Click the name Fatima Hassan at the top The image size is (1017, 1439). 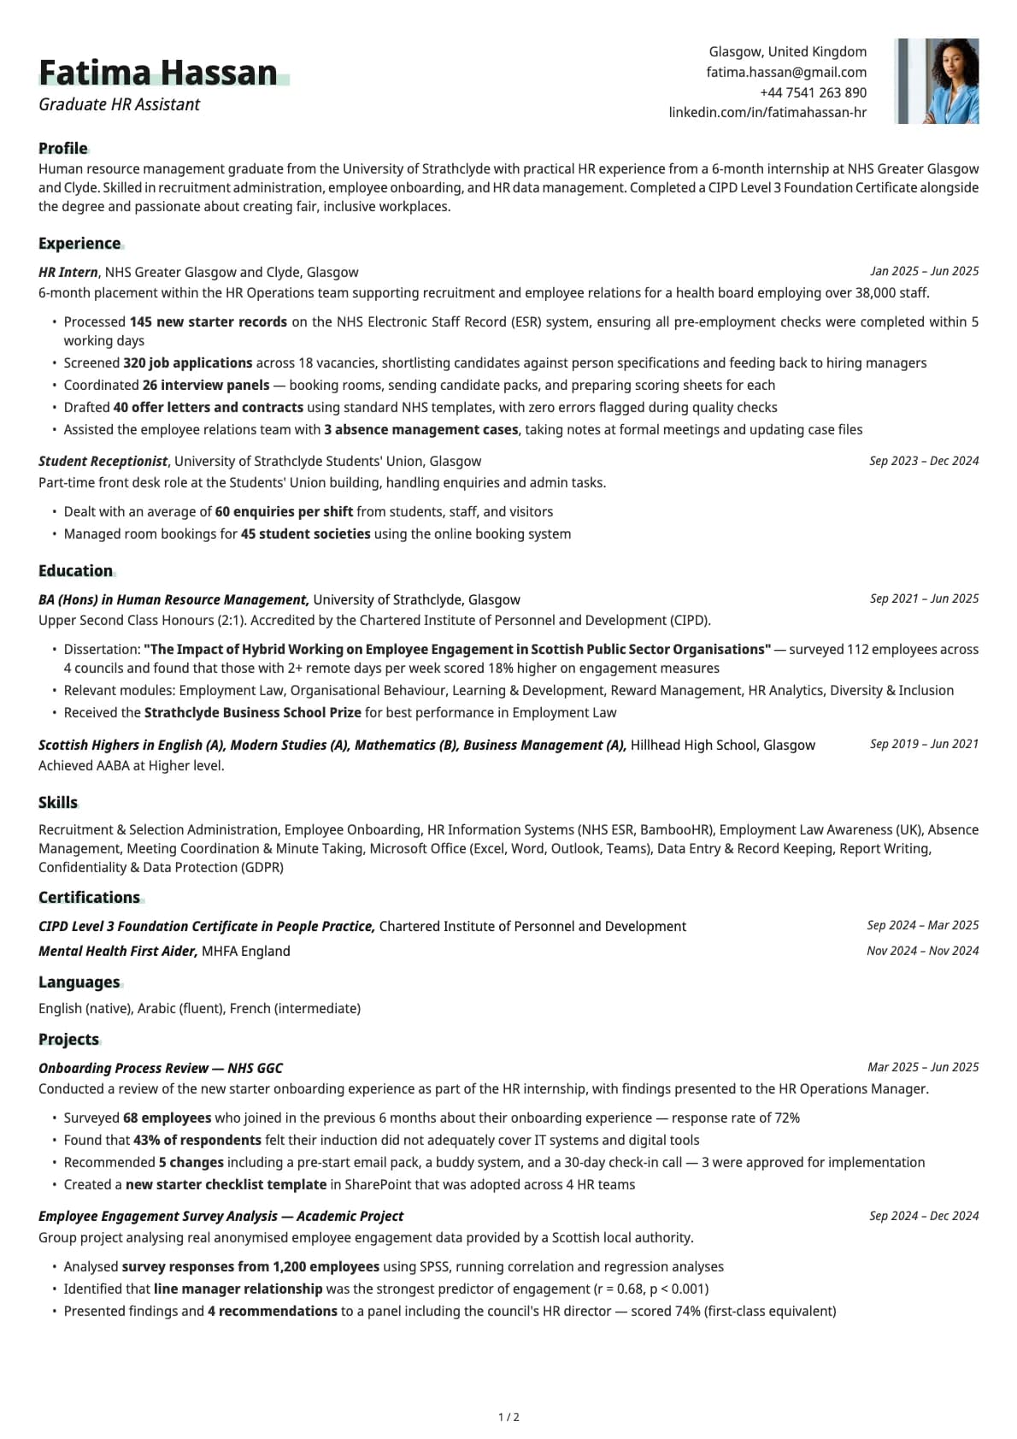158,74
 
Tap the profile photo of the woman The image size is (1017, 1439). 937,81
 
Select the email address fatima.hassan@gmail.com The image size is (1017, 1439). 786,73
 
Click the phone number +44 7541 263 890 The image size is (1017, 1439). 813,92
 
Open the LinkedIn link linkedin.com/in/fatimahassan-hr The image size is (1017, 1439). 767,112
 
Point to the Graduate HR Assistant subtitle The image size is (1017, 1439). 120,104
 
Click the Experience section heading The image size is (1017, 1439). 79,244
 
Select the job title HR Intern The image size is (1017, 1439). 68,272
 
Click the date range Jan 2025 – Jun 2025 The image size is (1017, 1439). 924,271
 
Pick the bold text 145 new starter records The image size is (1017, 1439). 208,322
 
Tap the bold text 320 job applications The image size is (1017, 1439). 188,363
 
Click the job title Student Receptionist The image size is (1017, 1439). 103,462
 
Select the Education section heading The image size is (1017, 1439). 75,571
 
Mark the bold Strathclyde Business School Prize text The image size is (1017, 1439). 252,713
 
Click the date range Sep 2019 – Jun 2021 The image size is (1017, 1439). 924,744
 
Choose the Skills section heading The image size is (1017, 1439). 58,803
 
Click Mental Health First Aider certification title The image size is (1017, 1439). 118,952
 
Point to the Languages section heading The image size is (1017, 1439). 79,982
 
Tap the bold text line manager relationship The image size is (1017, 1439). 238,1289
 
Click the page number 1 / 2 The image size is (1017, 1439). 508,1418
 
